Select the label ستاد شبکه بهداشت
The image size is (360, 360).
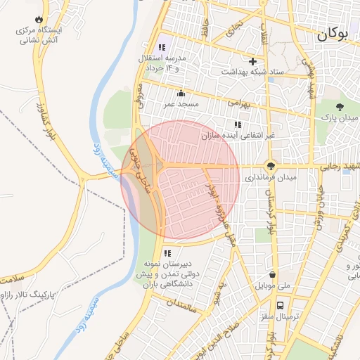pyautogui.click(x=252, y=72)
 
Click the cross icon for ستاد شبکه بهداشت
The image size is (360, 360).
pyautogui.click(x=252, y=61)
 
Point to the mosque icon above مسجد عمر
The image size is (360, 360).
pyautogui.click(x=181, y=94)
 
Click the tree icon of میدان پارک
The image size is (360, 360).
pyautogui.click(x=340, y=106)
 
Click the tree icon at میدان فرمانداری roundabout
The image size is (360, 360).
pyautogui.click(x=271, y=166)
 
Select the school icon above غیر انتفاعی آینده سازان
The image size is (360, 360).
pyautogui.click(x=237, y=124)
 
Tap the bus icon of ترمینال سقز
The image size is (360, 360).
pyautogui.click(x=281, y=306)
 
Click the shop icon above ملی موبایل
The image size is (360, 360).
pyautogui.click(x=273, y=275)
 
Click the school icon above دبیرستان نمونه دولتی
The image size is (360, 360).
pyautogui.click(x=167, y=253)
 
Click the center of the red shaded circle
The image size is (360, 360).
pyautogui.click(x=181, y=180)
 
